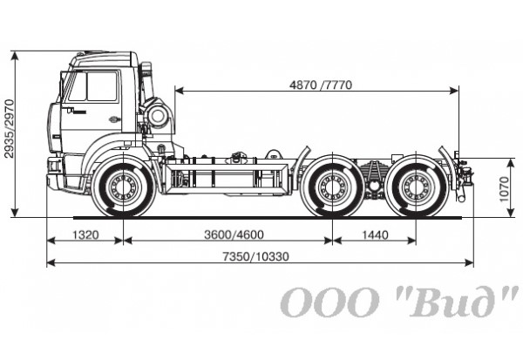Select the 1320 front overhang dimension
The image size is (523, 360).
pos(85,234)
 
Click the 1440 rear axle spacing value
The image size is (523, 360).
pos(374,234)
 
